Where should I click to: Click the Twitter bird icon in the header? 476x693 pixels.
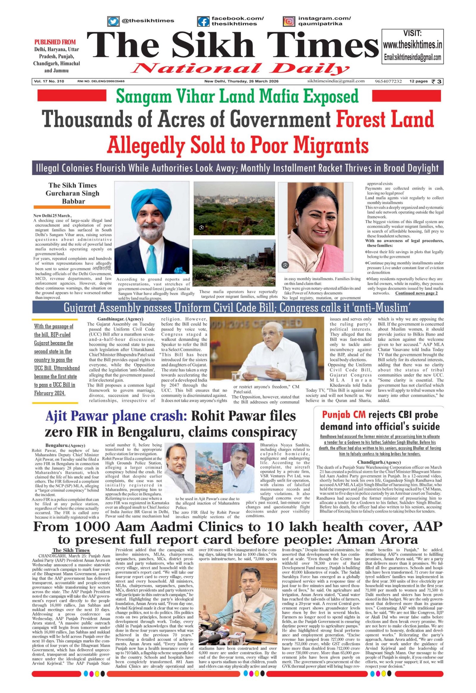tap(113, 21)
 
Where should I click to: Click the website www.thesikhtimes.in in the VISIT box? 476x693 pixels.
tap(412, 46)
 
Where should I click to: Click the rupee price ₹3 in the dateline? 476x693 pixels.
tap(437, 81)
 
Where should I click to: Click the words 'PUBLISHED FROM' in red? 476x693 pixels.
tap(55, 42)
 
